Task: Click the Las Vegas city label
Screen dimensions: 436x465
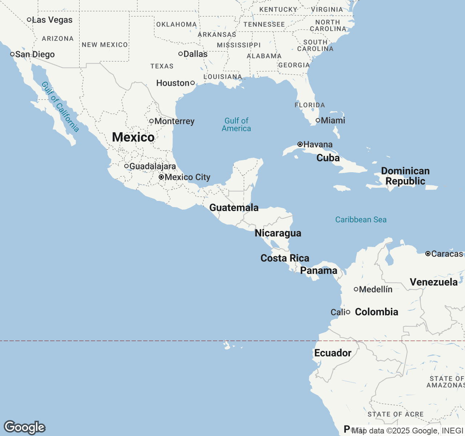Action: pyautogui.click(x=52, y=20)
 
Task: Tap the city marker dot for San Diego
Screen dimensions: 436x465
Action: pyautogui.click(x=12, y=54)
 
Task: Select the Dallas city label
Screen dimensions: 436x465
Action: pyautogui.click(x=195, y=54)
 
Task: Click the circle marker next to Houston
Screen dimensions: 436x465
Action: pyautogui.click(x=193, y=83)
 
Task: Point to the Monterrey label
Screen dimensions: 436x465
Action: pyautogui.click(x=174, y=121)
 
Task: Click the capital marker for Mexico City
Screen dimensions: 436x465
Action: pyautogui.click(x=161, y=177)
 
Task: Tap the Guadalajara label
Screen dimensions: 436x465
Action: pyautogui.click(x=153, y=166)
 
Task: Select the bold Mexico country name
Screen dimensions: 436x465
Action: pyautogui.click(x=133, y=137)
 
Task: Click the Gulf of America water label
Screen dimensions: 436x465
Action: pyautogui.click(x=236, y=125)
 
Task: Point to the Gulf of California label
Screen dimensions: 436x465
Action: pyautogui.click(x=60, y=107)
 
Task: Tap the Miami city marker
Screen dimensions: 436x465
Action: pyautogui.click(x=318, y=120)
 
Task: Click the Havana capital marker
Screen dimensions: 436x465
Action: pyautogui.click(x=300, y=144)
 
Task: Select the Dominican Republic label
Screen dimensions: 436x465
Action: pyautogui.click(x=405, y=176)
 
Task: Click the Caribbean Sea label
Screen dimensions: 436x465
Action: pyautogui.click(x=361, y=220)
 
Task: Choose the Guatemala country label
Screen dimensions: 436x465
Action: pyautogui.click(x=234, y=208)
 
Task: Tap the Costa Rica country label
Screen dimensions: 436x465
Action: pyautogui.click(x=285, y=258)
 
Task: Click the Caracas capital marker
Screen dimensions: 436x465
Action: pyautogui.click(x=428, y=254)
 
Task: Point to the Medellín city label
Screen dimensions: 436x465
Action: pyautogui.click(x=376, y=290)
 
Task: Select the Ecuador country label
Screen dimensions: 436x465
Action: pyautogui.click(x=333, y=353)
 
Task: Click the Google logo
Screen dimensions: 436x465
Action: pyautogui.click(x=24, y=427)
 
